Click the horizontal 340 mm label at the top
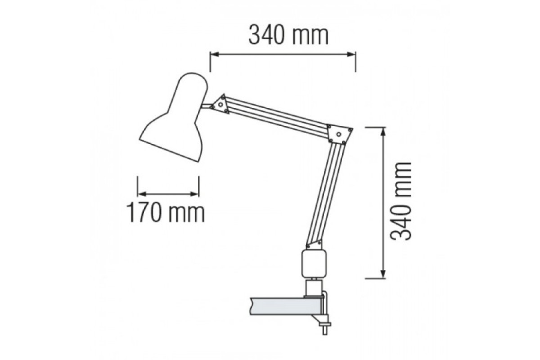pyautogui.click(x=288, y=36)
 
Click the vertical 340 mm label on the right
pyautogui.click(x=400, y=201)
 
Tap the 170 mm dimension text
pyautogui.click(x=166, y=213)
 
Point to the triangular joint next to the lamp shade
pyautogui.click(x=220, y=104)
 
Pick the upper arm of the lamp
pyautogui.click(x=276, y=116)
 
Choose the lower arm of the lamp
pyautogui.click(x=325, y=193)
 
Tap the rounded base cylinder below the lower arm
pyautogui.click(x=315, y=264)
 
